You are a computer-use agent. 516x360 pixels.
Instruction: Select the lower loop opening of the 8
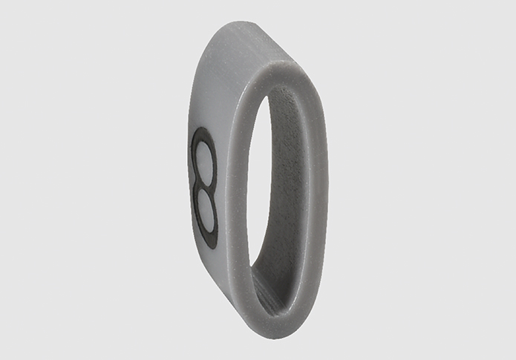pos(206,211)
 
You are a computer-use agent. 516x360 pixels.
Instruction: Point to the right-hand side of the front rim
pos(319,197)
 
